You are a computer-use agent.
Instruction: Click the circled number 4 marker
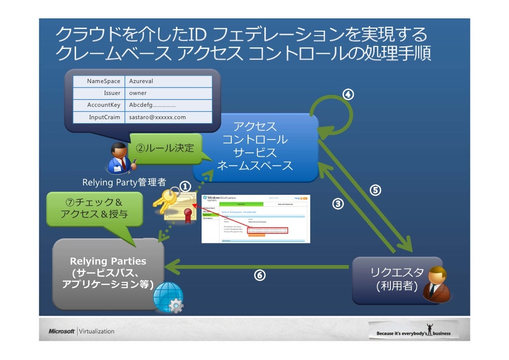(348, 94)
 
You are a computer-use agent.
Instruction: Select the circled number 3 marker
(338, 203)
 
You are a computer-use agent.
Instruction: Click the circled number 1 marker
(184, 187)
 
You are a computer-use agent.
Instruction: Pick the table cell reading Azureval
(169, 81)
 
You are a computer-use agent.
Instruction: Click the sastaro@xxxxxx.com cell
(169, 117)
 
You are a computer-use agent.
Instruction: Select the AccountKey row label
(104, 105)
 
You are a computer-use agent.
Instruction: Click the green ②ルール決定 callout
(166, 147)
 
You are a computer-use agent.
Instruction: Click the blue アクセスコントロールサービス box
(255, 146)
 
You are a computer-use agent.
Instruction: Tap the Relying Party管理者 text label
(124, 182)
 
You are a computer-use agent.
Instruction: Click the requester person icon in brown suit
(438, 284)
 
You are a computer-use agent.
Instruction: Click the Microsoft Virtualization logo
(82, 331)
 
